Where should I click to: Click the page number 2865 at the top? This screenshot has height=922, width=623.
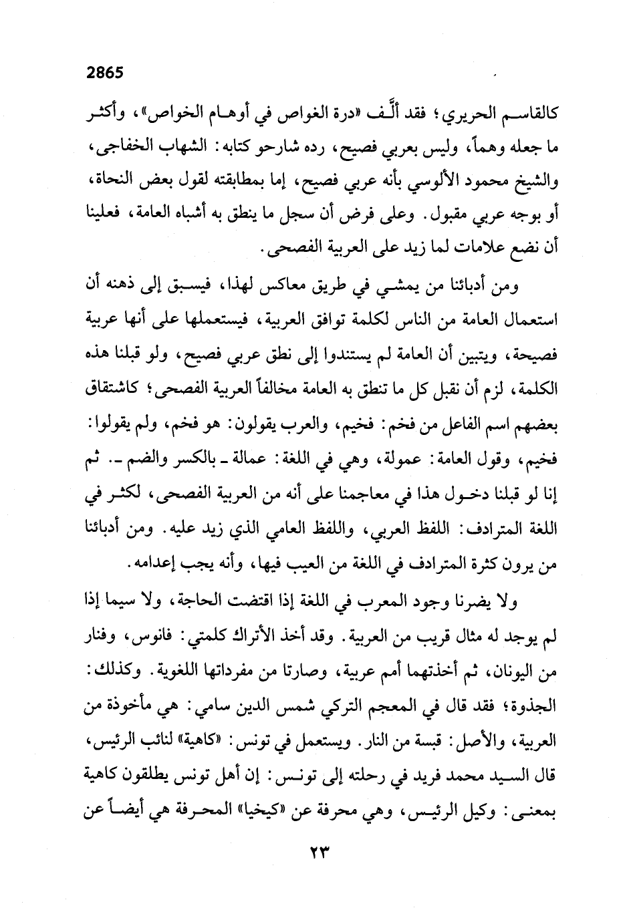click(105, 73)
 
